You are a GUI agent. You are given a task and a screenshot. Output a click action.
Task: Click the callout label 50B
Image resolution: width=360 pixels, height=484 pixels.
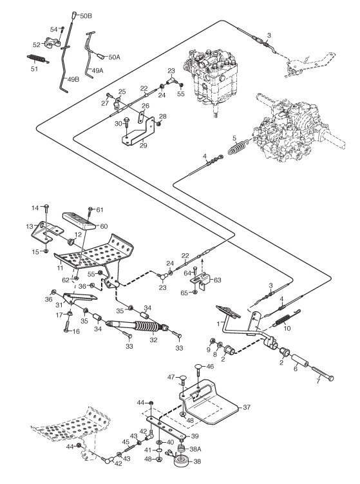[x=86, y=16]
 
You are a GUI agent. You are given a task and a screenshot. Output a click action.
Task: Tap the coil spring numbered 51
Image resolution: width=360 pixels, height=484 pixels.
[x=38, y=59]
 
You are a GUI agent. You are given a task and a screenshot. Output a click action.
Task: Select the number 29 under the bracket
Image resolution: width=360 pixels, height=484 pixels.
[x=143, y=145]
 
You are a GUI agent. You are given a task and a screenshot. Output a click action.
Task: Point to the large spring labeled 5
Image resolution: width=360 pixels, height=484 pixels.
[x=238, y=147]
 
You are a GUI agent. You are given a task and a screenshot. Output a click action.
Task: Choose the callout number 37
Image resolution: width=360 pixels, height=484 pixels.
[x=247, y=407]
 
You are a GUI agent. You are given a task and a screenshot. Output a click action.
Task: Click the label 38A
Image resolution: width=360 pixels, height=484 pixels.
[x=195, y=449]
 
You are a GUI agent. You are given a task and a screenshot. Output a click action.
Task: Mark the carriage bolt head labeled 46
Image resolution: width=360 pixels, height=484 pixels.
[x=200, y=367]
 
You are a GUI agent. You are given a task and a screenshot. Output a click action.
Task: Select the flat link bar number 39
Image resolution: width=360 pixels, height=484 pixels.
[x=166, y=427]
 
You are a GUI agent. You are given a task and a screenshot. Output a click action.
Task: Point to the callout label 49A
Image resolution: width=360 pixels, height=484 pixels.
[x=97, y=70]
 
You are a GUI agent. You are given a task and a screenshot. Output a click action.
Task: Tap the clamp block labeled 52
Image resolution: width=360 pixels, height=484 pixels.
[x=52, y=43]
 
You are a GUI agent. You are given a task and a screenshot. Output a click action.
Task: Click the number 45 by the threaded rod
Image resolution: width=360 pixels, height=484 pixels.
[x=126, y=442]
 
